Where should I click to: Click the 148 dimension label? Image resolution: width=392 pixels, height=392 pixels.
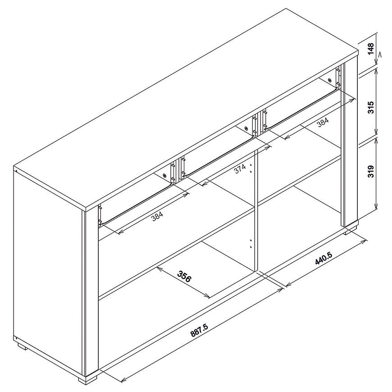point(370,49)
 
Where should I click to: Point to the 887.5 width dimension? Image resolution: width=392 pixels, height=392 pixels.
point(199,329)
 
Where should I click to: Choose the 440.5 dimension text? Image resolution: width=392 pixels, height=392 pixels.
point(324,258)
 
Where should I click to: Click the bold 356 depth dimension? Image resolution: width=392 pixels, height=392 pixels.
point(184,276)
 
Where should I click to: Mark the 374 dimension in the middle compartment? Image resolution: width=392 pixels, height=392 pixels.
point(240,169)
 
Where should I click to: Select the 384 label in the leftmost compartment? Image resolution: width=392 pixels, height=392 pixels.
point(157,216)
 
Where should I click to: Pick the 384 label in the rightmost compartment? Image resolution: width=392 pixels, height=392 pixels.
point(323,122)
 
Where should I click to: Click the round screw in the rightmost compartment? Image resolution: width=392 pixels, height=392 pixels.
point(330,81)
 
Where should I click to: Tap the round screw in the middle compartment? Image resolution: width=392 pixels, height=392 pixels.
point(246,129)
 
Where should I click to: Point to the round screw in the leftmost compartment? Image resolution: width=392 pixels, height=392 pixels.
point(164,176)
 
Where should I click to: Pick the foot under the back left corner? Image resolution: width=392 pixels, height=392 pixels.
point(22,347)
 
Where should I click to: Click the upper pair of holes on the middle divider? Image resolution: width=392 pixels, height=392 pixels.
point(251,168)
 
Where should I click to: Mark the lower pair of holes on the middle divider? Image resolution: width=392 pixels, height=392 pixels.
point(251,243)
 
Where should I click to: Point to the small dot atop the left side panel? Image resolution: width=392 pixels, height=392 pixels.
point(16,172)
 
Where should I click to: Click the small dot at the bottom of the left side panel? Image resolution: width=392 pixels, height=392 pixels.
point(16,339)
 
